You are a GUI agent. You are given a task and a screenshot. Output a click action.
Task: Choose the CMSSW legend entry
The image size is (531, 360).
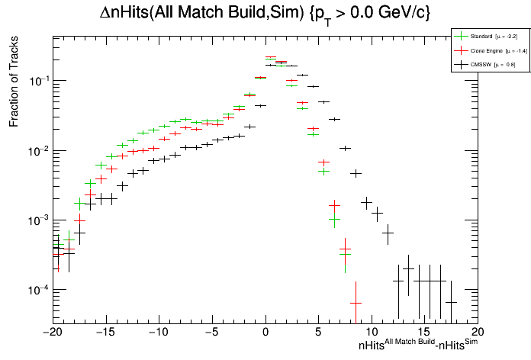[x=481, y=65]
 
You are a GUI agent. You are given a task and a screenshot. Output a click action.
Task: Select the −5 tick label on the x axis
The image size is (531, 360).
[x=211, y=333]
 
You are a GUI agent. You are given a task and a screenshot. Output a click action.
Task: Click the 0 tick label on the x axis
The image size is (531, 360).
[x=265, y=333]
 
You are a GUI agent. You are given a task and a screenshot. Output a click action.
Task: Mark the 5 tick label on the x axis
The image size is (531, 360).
[x=319, y=333]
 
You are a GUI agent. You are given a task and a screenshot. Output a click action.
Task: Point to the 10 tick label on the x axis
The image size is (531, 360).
[x=372, y=333]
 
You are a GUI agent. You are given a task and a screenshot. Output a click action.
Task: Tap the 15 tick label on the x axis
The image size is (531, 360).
[x=425, y=333]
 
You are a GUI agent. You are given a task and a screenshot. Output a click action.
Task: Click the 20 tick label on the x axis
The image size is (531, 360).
[x=478, y=333]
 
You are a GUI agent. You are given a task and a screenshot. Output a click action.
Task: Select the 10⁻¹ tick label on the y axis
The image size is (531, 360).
[x=38, y=80]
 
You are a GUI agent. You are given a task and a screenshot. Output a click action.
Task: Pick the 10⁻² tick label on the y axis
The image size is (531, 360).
[x=38, y=150]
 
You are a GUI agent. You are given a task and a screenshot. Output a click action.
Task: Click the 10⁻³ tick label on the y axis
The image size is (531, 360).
[x=38, y=220]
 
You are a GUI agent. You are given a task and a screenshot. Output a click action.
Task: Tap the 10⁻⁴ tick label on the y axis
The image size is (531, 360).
[x=38, y=290]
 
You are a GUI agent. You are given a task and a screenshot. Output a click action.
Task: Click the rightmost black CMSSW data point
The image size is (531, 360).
[x=452, y=302]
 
